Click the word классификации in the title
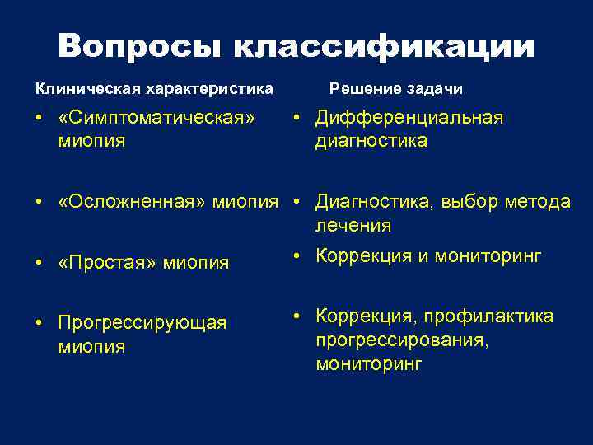(x=384, y=46)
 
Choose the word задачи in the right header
(x=433, y=87)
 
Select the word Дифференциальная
(x=409, y=118)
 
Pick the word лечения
(x=353, y=225)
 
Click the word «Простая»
(x=108, y=263)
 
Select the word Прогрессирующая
(x=142, y=322)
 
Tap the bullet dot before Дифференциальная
(x=297, y=119)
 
